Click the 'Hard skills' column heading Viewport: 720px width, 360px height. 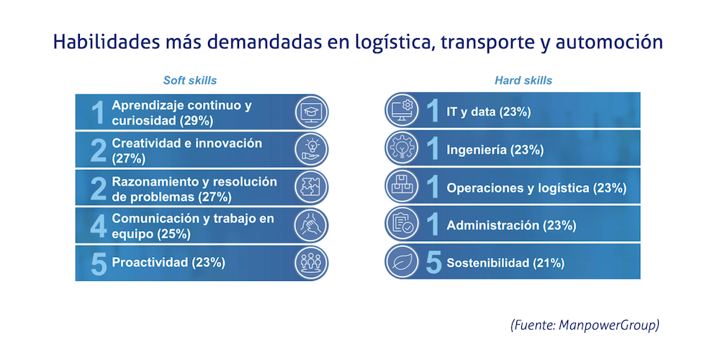click(523, 80)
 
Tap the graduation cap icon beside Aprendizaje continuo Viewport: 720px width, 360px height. click(311, 112)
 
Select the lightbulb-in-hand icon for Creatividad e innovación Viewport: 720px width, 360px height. click(311, 150)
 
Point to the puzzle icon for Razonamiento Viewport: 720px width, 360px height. click(311, 188)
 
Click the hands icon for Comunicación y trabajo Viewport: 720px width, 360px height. click(311, 225)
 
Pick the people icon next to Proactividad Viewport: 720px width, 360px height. click(311, 263)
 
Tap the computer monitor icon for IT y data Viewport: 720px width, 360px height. click(402, 112)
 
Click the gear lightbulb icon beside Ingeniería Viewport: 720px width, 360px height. click(402, 150)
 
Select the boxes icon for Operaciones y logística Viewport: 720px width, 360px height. click(402, 187)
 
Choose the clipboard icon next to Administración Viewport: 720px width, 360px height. click(402, 225)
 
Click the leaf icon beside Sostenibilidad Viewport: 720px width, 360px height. click(402, 262)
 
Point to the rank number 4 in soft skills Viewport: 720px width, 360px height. click(99, 225)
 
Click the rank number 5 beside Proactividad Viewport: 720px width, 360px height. click(99, 263)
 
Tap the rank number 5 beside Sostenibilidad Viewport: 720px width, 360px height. click(433, 263)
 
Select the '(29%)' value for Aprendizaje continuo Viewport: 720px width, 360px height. click(194, 120)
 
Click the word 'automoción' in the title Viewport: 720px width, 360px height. click(612, 42)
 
